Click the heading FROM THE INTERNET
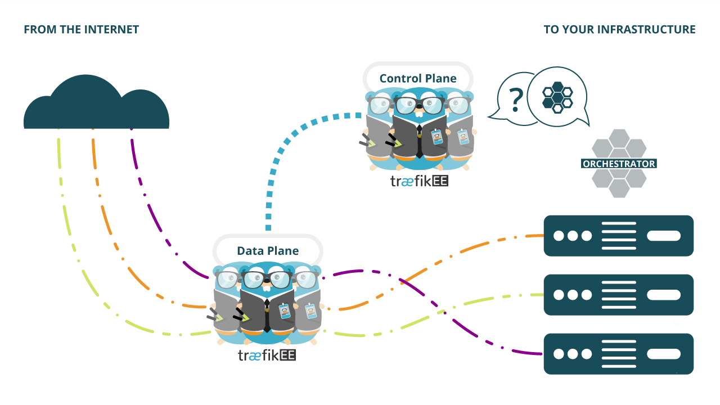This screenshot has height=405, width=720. [82, 30]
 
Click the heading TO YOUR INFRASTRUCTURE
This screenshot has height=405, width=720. [619, 30]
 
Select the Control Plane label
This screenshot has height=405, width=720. [418, 78]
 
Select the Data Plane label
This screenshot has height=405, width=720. [268, 251]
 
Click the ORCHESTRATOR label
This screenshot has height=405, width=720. [619, 164]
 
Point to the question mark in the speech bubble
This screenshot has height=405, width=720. [516, 100]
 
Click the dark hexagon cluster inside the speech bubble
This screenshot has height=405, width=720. [557, 97]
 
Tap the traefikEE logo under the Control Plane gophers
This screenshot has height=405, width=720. [419, 181]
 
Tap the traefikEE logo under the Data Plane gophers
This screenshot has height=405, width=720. [267, 355]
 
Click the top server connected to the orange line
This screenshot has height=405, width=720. [618, 236]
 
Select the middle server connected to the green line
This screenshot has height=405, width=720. [618, 295]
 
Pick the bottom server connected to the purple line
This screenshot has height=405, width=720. [618, 354]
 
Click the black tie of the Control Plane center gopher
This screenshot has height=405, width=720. [419, 141]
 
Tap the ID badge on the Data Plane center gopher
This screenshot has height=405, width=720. [285, 311]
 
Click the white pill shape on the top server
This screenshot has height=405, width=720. [664, 236]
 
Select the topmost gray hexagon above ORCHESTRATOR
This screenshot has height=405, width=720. [619, 138]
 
